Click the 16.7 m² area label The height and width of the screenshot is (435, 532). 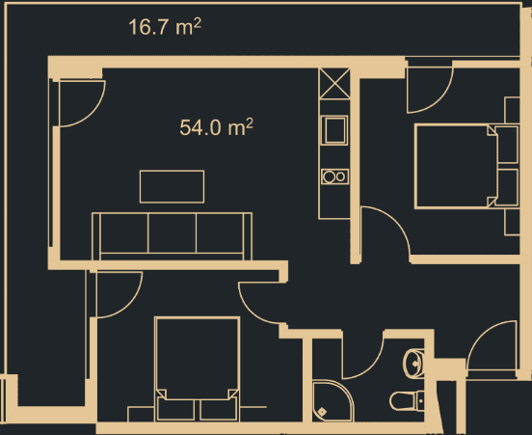coord(165,27)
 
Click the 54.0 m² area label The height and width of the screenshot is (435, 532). coord(217,126)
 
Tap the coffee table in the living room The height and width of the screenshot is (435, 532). coord(172,186)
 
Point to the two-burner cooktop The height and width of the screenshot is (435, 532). coord(334,177)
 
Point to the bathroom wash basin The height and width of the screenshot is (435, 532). coord(412,363)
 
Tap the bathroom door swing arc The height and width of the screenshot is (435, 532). coord(364,358)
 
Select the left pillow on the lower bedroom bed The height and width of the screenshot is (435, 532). coord(173,407)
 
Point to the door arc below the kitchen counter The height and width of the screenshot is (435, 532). coord(383,231)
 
